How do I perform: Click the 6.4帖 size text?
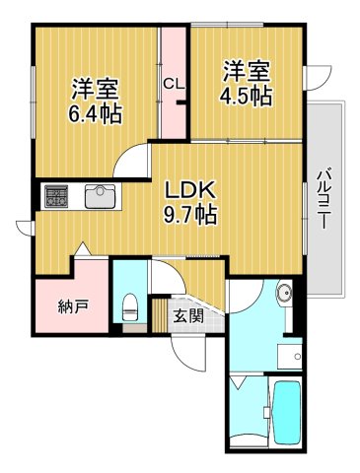click(x=96, y=113)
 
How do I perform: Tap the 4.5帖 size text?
click(x=247, y=96)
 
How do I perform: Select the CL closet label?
click(x=174, y=84)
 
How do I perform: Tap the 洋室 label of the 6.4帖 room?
click(x=95, y=86)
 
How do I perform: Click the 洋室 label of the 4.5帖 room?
click(x=246, y=70)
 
